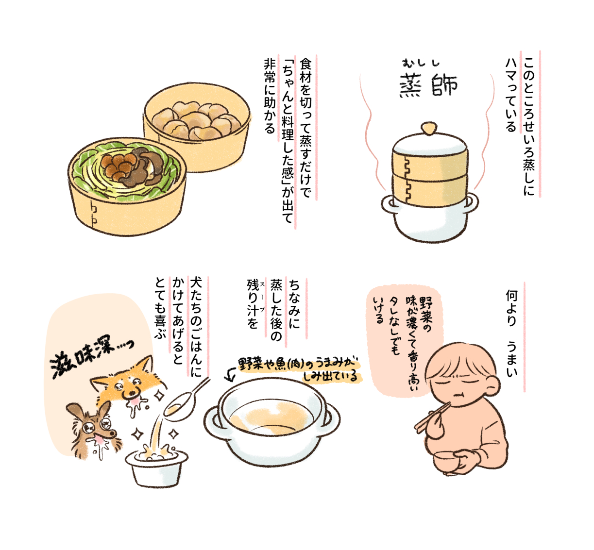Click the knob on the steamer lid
429,128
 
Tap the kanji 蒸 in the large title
411,86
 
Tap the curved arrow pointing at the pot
231,375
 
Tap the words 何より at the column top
511,308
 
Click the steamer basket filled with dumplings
197,127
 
